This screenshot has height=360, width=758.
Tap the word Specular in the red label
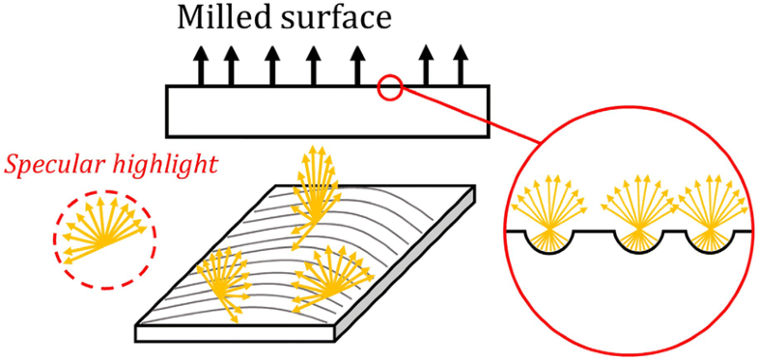[55, 163]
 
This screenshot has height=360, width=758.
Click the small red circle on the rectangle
[389, 89]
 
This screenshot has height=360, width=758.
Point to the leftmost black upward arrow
[202, 65]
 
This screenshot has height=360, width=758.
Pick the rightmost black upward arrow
[461, 65]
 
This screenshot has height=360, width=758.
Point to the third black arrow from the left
[272, 65]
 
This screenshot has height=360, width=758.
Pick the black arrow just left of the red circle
[357, 65]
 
